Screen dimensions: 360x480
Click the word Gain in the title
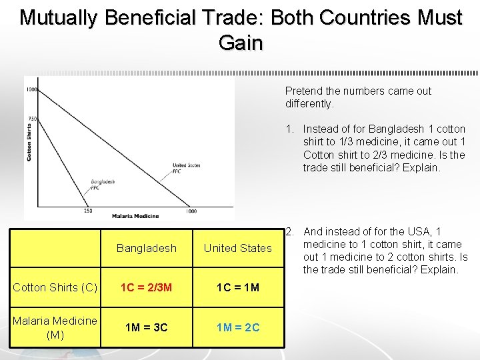(x=240, y=43)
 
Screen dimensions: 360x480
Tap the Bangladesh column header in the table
(x=147, y=248)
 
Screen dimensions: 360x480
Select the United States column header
(x=238, y=248)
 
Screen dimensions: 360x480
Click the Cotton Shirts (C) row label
(x=55, y=287)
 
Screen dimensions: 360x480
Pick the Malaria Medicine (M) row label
(x=55, y=327)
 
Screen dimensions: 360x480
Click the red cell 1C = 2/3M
(x=147, y=287)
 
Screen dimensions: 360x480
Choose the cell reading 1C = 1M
(x=238, y=287)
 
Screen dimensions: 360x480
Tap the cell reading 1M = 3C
(x=147, y=327)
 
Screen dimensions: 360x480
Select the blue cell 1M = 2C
(x=238, y=327)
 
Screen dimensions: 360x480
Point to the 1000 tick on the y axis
(x=31, y=89)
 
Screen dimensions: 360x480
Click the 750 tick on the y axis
(x=32, y=119)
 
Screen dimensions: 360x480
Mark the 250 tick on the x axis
(x=87, y=211)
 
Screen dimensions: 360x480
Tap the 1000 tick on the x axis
(x=191, y=211)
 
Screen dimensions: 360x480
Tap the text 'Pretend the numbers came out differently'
(x=358, y=97)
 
